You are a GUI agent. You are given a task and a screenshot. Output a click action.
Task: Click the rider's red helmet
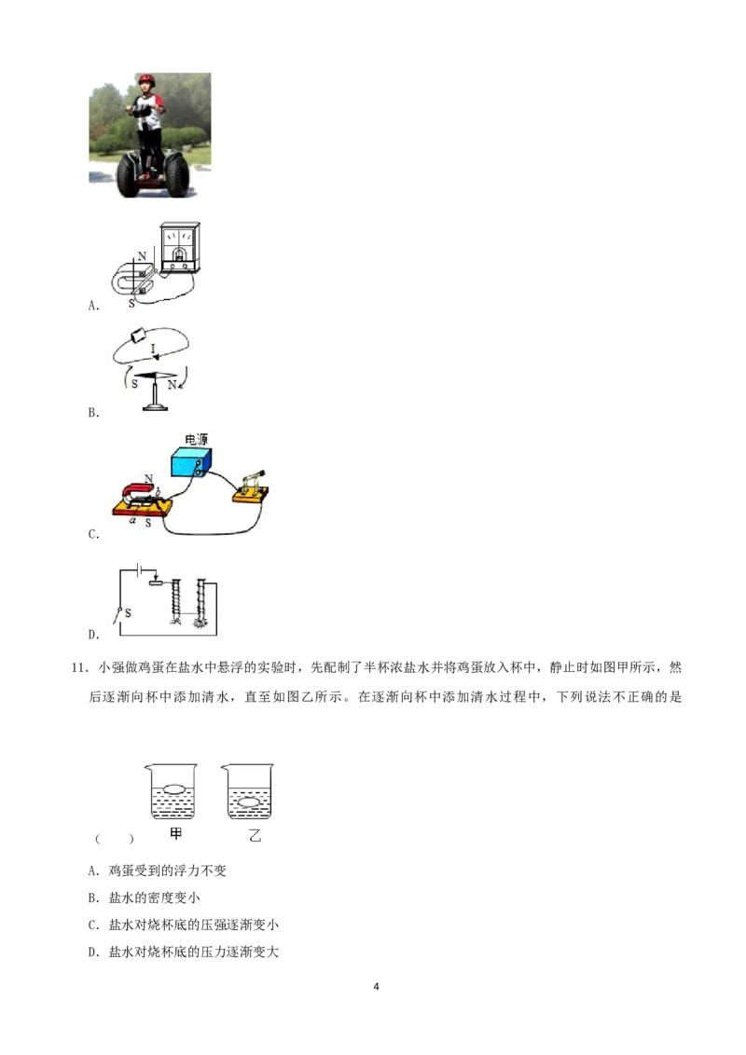pyautogui.click(x=146, y=80)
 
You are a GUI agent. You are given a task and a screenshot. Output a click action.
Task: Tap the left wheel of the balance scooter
pyautogui.click(x=127, y=175)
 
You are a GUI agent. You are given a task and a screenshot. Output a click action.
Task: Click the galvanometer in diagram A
pyautogui.click(x=180, y=247)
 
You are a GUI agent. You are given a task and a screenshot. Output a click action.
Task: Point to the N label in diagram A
pyautogui.click(x=142, y=256)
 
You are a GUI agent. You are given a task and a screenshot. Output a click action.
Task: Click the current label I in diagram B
pyautogui.click(x=153, y=349)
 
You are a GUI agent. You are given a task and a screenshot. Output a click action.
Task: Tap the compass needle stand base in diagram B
pyautogui.click(x=155, y=405)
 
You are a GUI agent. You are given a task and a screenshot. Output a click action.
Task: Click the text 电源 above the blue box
pyautogui.click(x=196, y=439)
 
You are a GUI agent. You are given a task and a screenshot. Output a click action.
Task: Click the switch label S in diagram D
pyautogui.click(x=128, y=613)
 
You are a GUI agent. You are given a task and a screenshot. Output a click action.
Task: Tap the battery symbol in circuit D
pyautogui.click(x=139, y=570)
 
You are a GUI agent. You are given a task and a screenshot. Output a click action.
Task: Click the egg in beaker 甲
pyautogui.click(x=174, y=788)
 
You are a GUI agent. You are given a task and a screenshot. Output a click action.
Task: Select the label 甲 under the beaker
pyautogui.click(x=175, y=834)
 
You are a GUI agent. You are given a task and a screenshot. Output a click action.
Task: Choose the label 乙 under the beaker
pyautogui.click(x=255, y=836)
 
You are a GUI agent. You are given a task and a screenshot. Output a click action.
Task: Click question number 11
pyautogui.click(x=79, y=667)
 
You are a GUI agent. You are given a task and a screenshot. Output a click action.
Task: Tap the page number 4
pyautogui.click(x=376, y=986)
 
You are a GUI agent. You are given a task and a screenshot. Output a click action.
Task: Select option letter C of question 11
pyautogui.click(x=93, y=925)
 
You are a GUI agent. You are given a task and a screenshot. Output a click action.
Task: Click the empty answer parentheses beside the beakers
pyautogui.click(x=115, y=839)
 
